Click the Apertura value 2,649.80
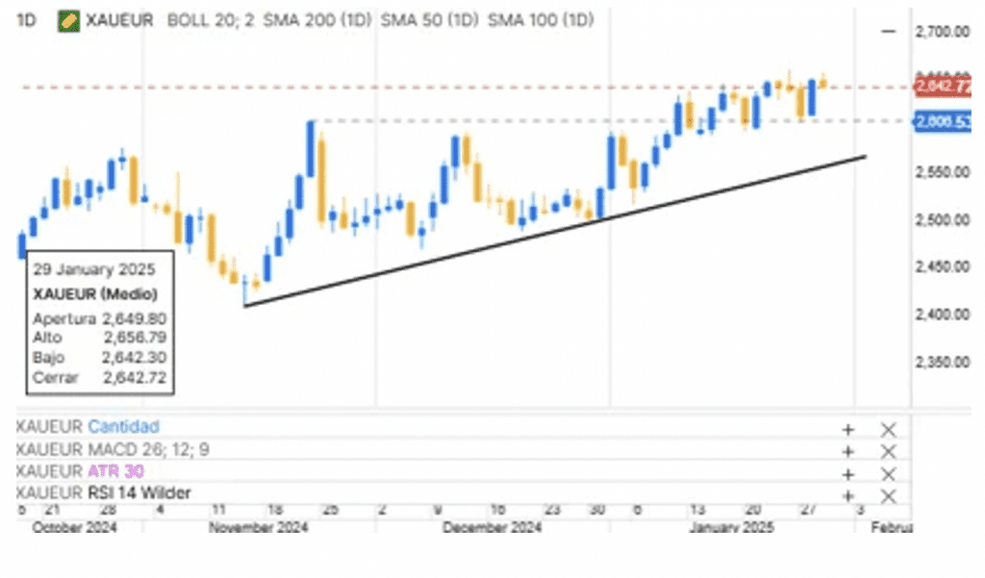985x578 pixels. click(134, 317)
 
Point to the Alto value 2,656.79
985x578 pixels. click(134, 338)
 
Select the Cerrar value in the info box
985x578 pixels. click(134, 378)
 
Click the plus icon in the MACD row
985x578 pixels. click(847, 451)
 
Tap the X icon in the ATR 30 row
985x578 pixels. click(888, 473)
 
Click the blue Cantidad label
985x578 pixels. click(123, 426)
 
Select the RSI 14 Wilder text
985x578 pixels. click(139, 493)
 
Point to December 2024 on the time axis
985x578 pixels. click(492, 528)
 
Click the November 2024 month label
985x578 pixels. click(258, 528)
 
